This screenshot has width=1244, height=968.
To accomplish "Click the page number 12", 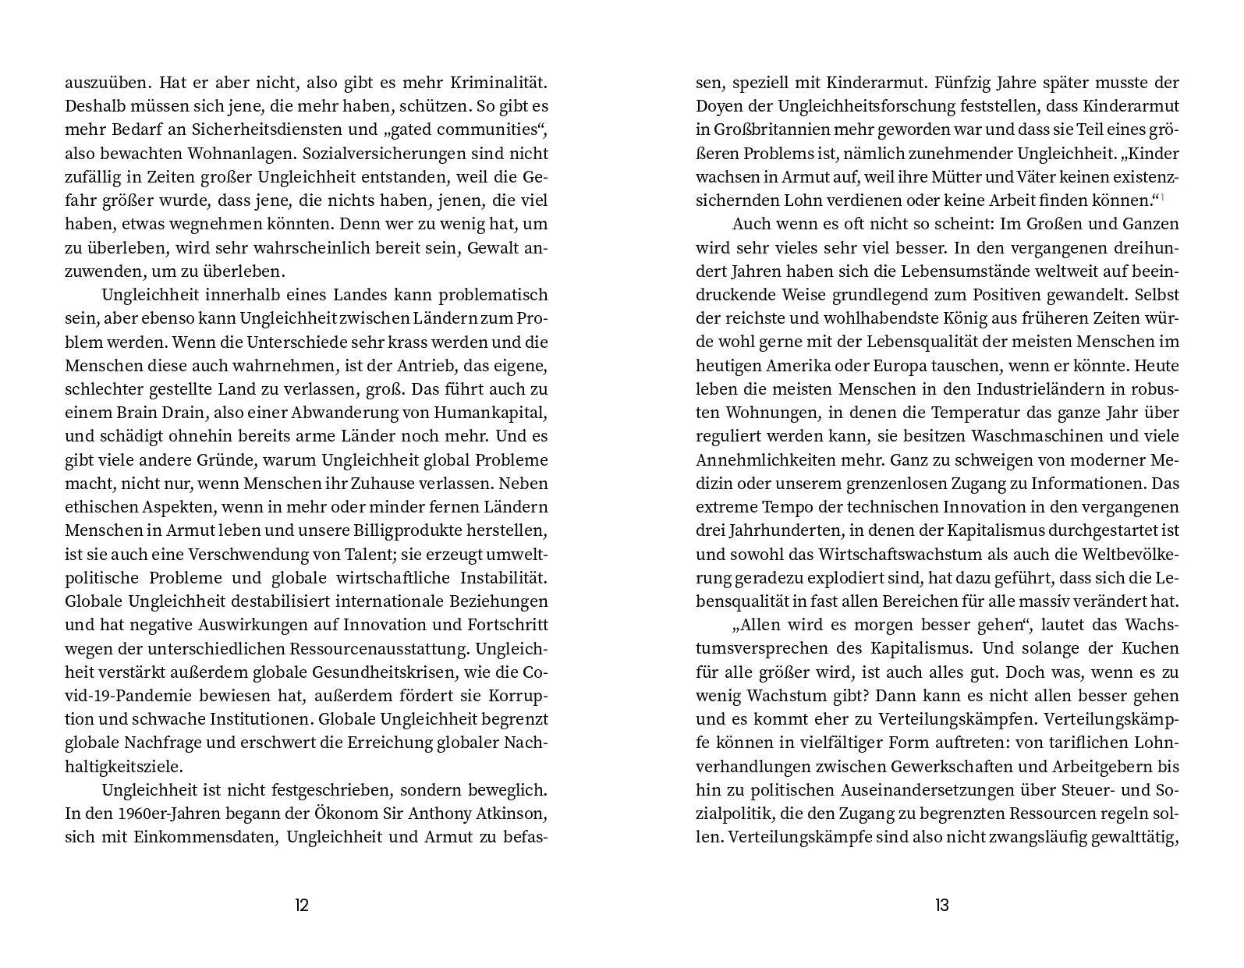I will click(x=302, y=905).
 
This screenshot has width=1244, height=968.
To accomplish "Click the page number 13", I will click(x=941, y=905).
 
